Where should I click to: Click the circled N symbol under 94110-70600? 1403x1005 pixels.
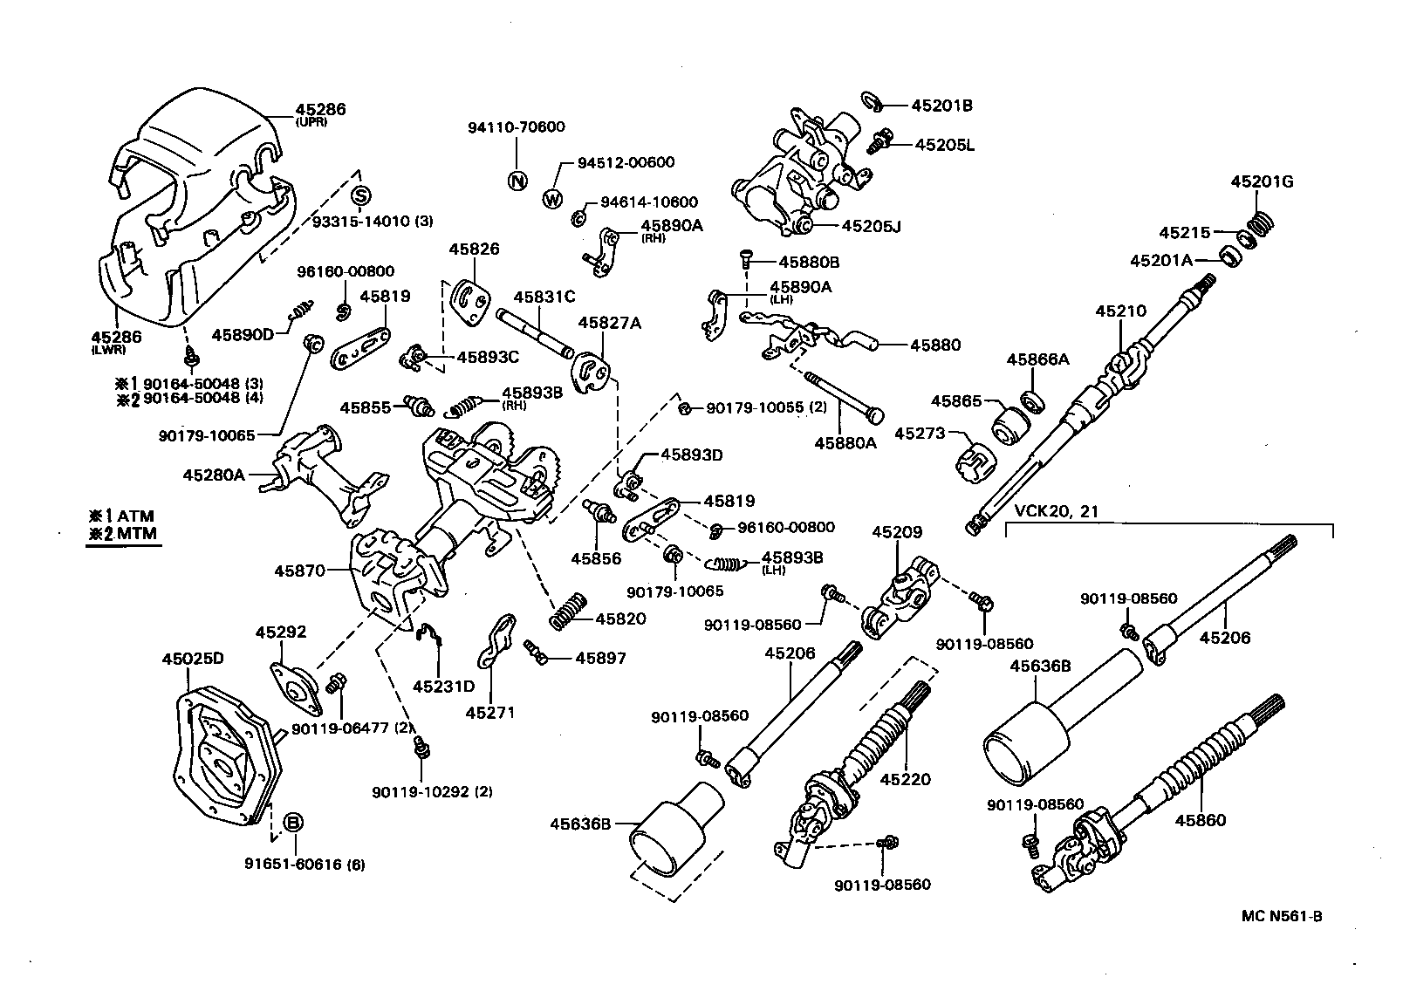(517, 181)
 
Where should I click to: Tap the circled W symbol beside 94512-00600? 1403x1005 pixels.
(552, 199)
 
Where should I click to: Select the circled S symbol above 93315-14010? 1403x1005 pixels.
(362, 194)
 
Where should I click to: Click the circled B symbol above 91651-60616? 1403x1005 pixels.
(294, 822)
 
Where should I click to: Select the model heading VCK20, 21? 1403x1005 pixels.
(1057, 511)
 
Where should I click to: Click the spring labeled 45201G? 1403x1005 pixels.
(1257, 225)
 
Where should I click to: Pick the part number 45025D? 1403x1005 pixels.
(193, 659)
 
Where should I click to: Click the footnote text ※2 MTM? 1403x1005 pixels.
(122, 534)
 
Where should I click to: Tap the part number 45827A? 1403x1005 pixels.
(609, 323)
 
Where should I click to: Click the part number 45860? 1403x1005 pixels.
(1200, 820)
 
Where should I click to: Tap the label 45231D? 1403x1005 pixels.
(443, 687)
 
